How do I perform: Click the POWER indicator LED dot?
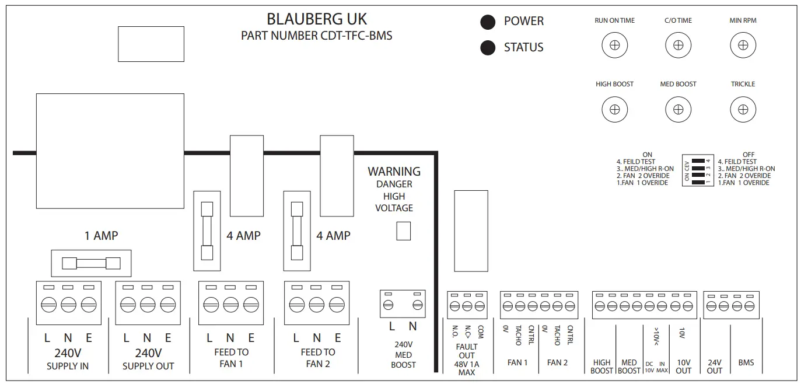point(488,22)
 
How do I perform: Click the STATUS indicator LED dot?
point(488,48)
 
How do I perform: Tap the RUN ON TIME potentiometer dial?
point(614,45)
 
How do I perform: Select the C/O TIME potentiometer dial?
point(678,45)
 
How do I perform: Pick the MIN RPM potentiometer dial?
point(743,45)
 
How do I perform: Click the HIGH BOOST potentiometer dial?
point(614,109)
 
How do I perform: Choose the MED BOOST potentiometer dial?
point(678,109)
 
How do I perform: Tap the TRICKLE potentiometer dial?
point(743,109)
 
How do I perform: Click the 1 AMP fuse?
point(91,263)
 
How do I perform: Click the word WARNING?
point(394,172)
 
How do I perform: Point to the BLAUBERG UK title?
point(317,19)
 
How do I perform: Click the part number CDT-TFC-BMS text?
point(317,36)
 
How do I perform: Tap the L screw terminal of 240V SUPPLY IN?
point(48,305)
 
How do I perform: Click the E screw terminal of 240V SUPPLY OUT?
point(167,305)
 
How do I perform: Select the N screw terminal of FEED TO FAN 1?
point(231,305)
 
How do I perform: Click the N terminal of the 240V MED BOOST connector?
point(417,305)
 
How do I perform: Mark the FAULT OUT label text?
point(467,351)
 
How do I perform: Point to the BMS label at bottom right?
point(746,362)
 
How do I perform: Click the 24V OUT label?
point(714,366)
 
